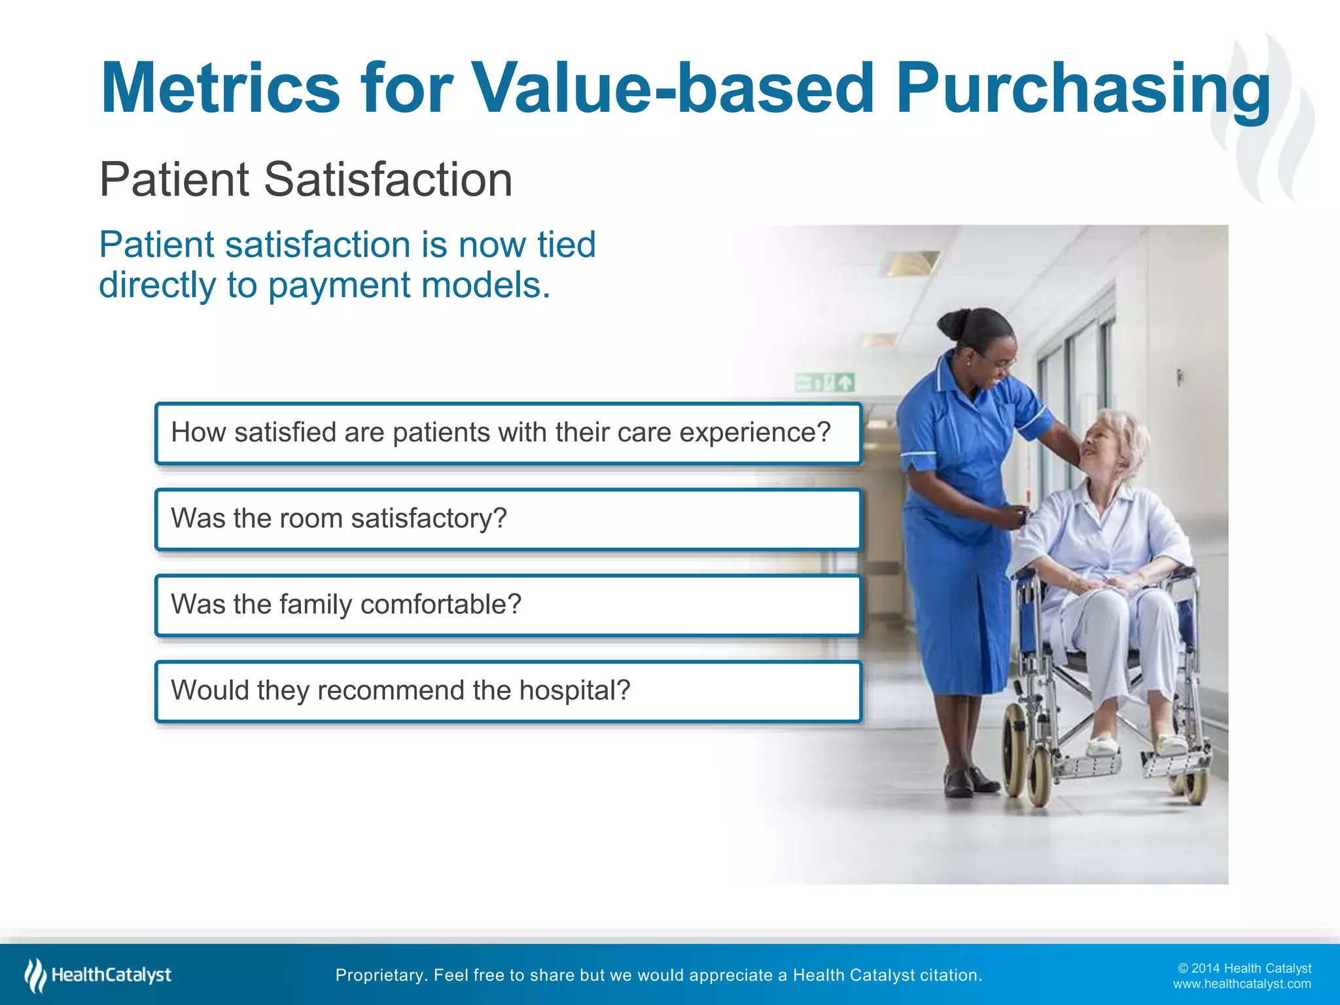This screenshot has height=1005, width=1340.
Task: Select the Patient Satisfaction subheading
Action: point(306,179)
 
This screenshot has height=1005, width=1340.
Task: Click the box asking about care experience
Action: point(508,433)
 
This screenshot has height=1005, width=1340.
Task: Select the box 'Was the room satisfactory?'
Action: point(508,519)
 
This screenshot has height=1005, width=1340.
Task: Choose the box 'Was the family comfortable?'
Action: point(508,605)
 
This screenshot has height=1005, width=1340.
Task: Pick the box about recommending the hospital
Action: point(508,691)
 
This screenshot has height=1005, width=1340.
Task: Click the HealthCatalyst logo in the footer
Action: point(98,975)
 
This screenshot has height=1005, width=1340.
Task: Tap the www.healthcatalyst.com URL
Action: point(1241,984)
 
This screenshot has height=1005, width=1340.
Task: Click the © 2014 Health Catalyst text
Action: point(1244,968)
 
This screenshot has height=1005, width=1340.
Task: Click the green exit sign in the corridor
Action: point(825,381)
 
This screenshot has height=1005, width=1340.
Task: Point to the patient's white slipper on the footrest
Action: point(1103,745)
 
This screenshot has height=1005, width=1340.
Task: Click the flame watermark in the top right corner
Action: point(1266,118)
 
